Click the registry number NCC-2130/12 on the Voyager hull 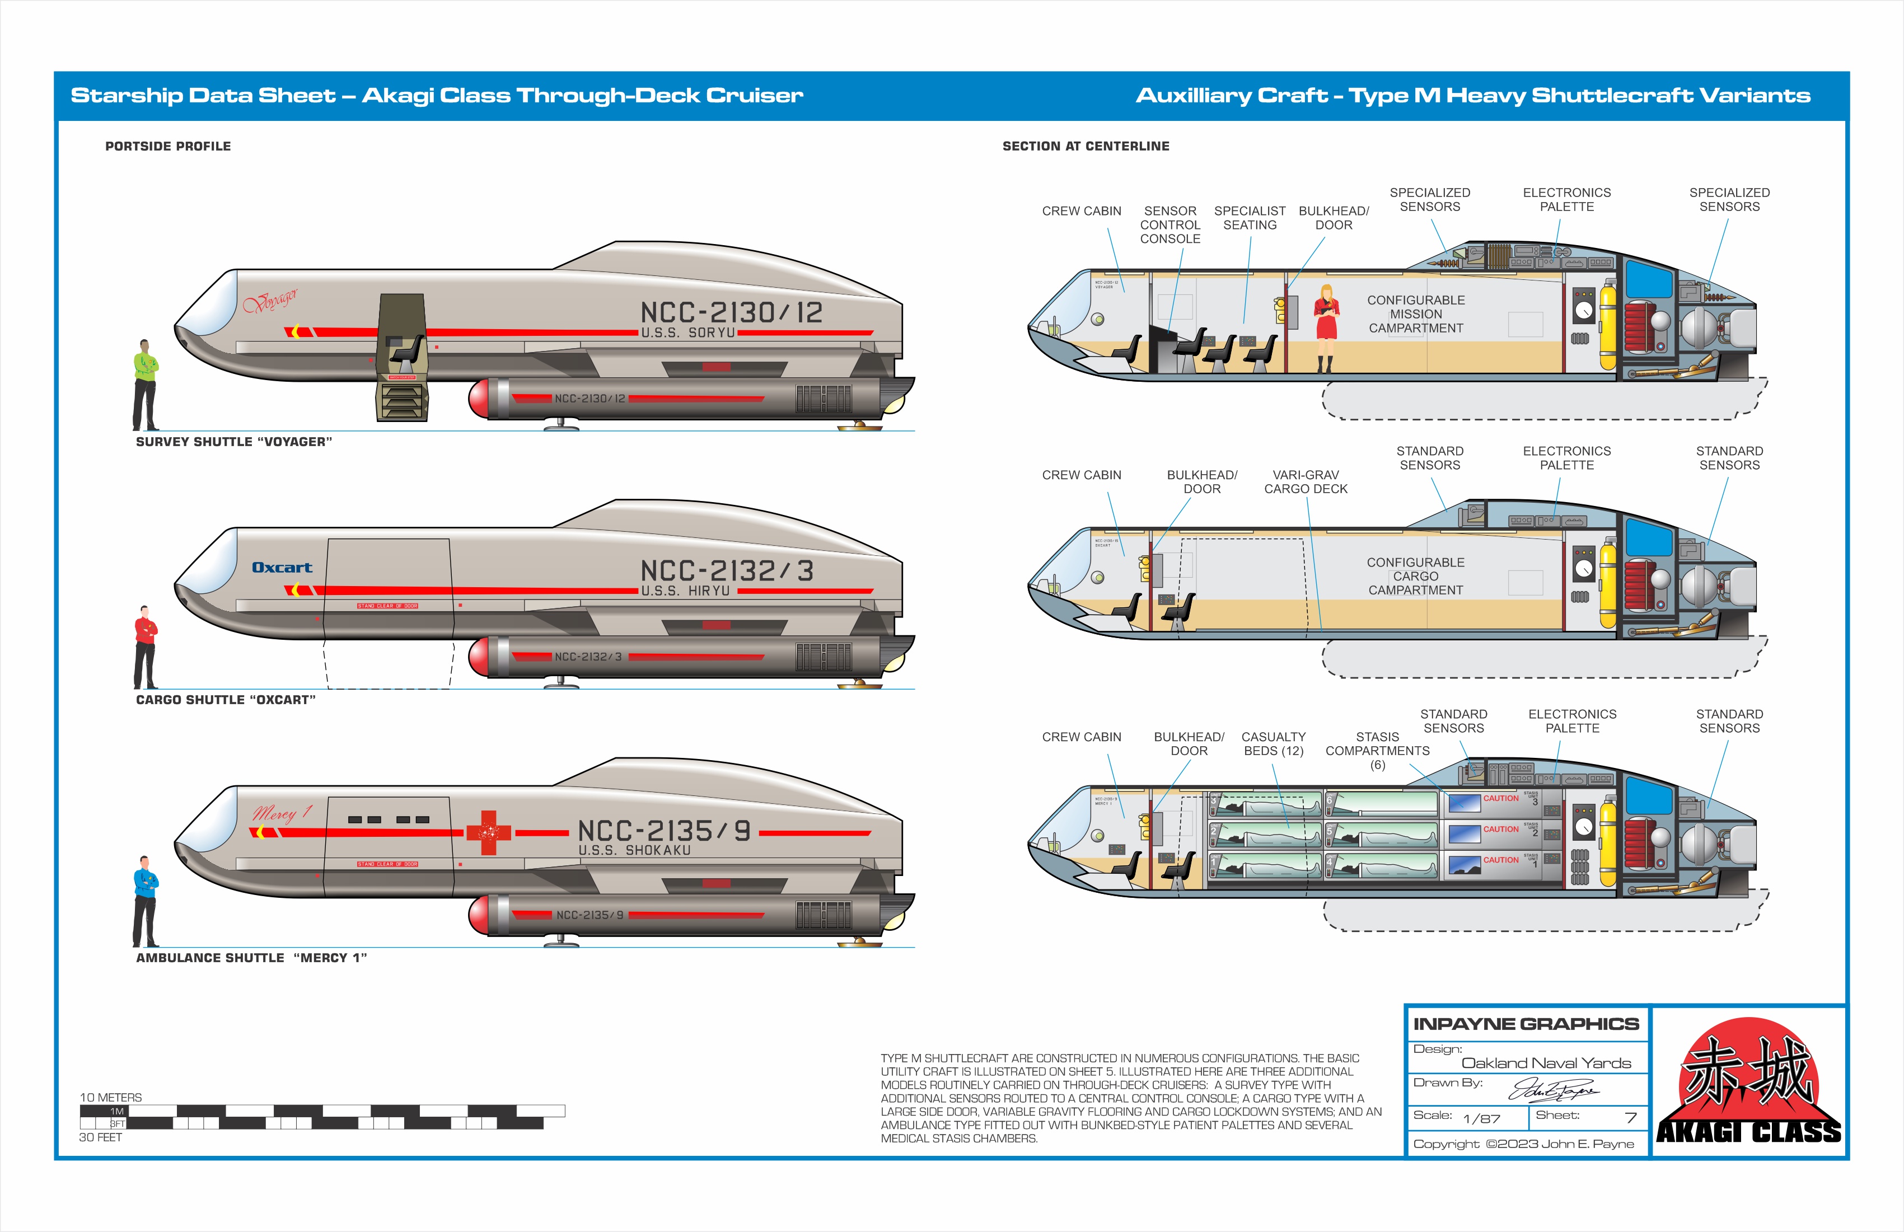(731, 312)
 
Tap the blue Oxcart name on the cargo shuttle (282, 567)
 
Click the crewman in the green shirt (145, 384)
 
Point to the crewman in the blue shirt (146, 901)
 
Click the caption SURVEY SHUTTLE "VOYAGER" (233, 442)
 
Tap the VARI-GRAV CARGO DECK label (1306, 481)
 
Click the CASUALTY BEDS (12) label (1273, 743)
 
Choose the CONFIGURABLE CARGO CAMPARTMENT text (1415, 576)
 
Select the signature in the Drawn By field (1552, 1090)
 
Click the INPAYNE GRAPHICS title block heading (1526, 1024)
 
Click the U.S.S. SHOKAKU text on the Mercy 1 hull (634, 850)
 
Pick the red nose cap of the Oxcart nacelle (479, 656)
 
